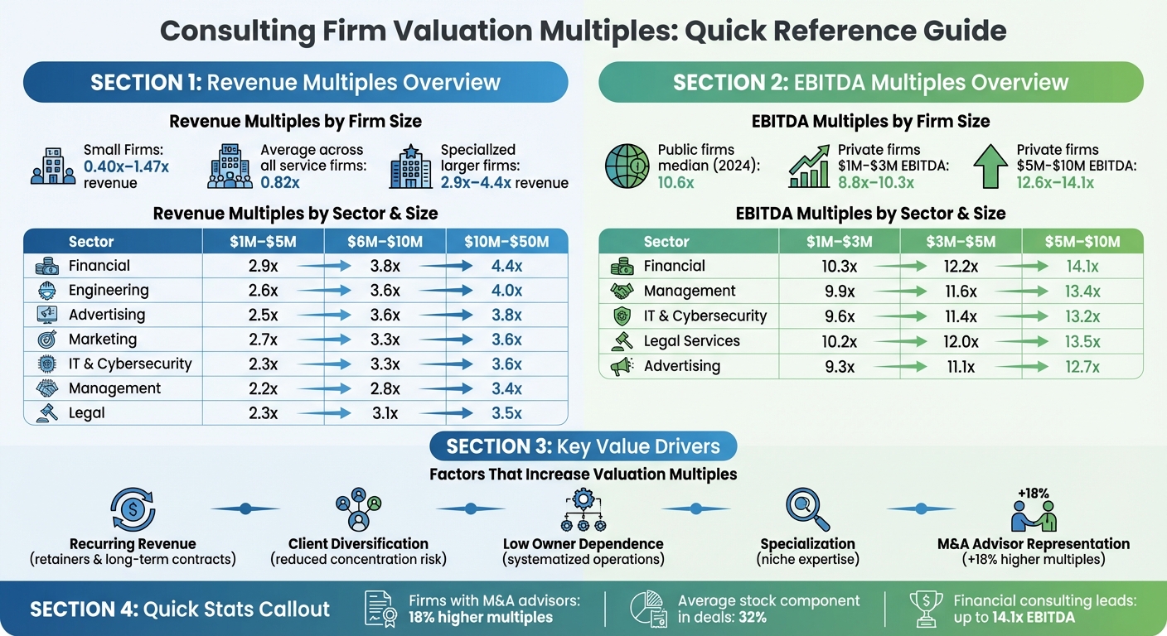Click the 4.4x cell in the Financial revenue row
coord(506,266)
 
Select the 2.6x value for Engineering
coord(263,291)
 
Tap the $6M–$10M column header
coord(385,242)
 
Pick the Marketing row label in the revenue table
coord(103,340)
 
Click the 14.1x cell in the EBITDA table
coord(1082,267)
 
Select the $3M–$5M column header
coord(961,242)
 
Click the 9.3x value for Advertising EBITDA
coord(840,366)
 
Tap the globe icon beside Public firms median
coord(627,166)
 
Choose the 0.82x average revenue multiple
coord(279,182)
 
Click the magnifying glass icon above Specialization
coord(806,510)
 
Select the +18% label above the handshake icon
coord(1034,494)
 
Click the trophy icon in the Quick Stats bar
coord(927,609)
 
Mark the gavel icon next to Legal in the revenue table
coord(47,413)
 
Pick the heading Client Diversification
coord(358,544)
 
